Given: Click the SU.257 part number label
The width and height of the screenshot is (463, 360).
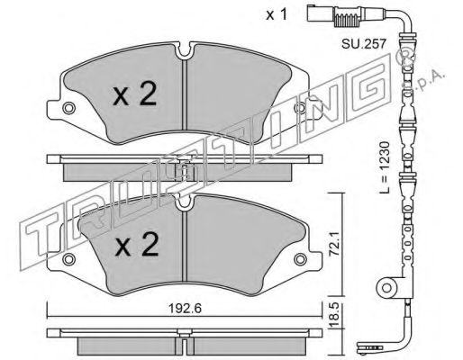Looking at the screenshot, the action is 363,44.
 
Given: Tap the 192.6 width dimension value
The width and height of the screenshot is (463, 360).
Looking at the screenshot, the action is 185,308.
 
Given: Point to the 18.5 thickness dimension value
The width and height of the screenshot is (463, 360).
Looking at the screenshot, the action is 334,315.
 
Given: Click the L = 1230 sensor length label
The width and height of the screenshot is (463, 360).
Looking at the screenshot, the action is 385,167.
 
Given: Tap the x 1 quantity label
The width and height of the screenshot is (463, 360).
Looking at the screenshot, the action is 277,14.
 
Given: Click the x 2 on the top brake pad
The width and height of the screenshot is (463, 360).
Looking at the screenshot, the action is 135,94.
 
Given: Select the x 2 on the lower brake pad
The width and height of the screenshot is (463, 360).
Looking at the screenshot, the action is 137,245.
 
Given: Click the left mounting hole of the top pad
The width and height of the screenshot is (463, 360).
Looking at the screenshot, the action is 68,108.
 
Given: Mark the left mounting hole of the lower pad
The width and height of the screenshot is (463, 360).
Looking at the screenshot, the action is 68,259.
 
